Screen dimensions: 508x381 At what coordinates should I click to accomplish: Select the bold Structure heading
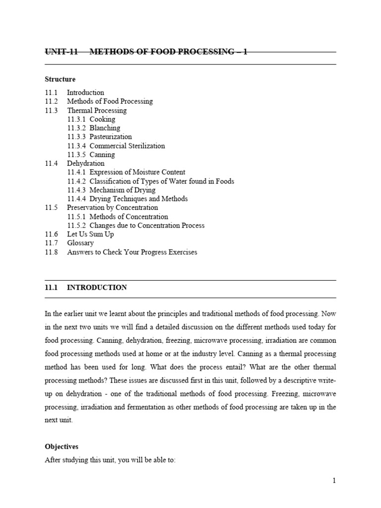tap(60, 79)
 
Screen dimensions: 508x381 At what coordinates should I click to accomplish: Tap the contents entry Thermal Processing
tap(97, 110)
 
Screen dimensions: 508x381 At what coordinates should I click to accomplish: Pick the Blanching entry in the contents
tap(105, 128)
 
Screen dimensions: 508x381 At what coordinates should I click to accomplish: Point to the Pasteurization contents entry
tap(111, 137)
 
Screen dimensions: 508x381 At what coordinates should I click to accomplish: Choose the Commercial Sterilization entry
tap(127, 146)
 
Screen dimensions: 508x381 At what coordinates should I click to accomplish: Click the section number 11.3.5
tap(77, 155)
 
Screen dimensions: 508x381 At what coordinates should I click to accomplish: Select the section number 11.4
tap(51, 163)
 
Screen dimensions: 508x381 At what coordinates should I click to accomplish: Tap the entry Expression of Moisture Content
tap(137, 172)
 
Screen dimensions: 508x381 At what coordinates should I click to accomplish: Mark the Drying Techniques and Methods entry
tap(138, 199)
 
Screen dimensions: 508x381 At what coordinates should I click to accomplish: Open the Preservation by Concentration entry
tap(113, 207)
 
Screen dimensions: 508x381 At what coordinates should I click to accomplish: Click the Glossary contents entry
tap(80, 243)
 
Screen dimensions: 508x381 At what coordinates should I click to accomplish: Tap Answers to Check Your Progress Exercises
tap(132, 252)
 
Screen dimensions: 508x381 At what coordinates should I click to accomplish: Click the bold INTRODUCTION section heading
tap(97, 287)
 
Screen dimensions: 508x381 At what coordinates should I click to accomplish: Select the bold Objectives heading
tap(62, 446)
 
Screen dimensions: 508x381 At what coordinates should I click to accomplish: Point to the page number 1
tap(334, 480)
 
